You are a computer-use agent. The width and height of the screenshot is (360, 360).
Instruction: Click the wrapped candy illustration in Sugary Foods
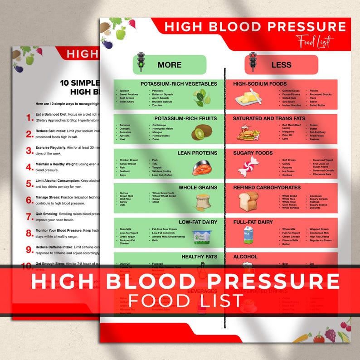pyautogui.click(x=248, y=167)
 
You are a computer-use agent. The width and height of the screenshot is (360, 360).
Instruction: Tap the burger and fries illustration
pyautogui.click(x=248, y=133)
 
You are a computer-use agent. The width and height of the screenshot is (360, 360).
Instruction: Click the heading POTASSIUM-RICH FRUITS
pyautogui.click(x=185, y=118)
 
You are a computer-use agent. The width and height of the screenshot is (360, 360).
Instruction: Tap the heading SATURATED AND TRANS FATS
pyautogui.click(x=269, y=118)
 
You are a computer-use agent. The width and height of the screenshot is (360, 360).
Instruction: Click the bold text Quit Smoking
pyautogui.click(x=50, y=213)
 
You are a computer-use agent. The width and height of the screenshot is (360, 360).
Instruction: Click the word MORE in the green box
pyautogui.click(x=170, y=65)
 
